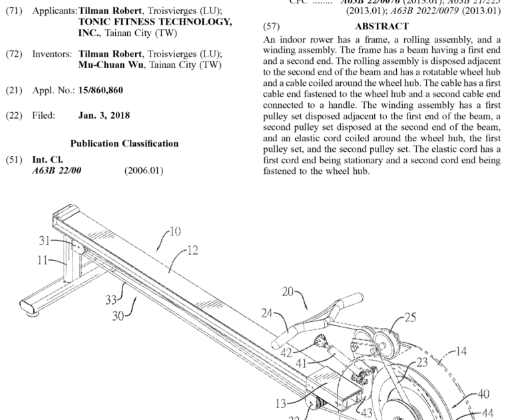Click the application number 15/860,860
[x=101, y=89]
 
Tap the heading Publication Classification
[x=125, y=143]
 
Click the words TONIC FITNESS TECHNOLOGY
[x=155, y=22]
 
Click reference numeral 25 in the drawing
[x=410, y=318]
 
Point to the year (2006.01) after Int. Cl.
[x=143, y=170]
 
